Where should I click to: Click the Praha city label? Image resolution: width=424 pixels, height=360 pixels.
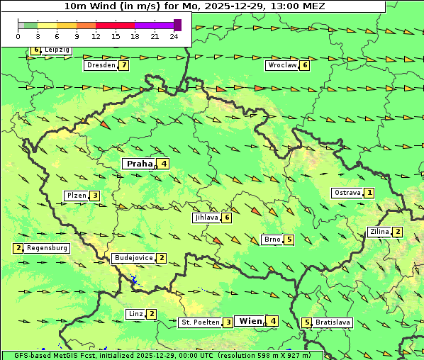pyautogui.click(x=140, y=164)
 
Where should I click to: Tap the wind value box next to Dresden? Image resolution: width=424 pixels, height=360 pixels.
pyautogui.click(x=124, y=65)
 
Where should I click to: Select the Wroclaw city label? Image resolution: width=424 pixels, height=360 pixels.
pyautogui.click(x=281, y=65)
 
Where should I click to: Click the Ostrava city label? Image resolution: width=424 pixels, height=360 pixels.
pyautogui.click(x=347, y=193)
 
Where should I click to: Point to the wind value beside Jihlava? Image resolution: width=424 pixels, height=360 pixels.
pyautogui.click(x=227, y=218)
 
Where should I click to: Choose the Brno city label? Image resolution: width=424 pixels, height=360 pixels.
pyautogui.click(x=272, y=240)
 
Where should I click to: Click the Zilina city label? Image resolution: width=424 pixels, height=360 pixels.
pyautogui.click(x=379, y=232)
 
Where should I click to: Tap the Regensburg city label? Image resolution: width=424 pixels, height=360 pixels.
pyautogui.click(x=48, y=248)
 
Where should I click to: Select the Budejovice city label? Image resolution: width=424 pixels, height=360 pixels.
pyautogui.click(x=133, y=258)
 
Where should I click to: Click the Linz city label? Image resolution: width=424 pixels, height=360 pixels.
pyautogui.click(x=135, y=314)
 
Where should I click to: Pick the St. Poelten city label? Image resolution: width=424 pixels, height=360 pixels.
pyautogui.click(x=200, y=322)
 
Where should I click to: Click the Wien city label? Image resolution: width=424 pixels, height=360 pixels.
pyautogui.click(x=251, y=321)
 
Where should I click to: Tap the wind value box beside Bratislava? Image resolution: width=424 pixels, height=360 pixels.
pyautogui.click(x=307, y=322)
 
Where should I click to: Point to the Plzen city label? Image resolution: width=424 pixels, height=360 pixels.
pyautogui.click(x=76, y=196)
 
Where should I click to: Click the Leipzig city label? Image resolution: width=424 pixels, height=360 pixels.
pyautogui.click(x=57, y=50)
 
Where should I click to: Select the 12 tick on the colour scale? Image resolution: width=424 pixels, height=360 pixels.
pyautogui.click(x=96, y=36)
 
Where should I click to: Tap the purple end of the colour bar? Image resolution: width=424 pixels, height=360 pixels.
pyautogui.click(x=177, y=25)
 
